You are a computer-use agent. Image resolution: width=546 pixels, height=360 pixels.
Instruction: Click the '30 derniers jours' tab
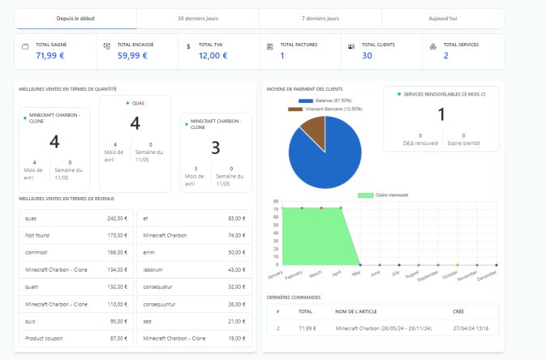click(x=198, y=18)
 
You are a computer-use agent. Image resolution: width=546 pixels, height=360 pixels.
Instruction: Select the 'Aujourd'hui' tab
click(x=442, y=18)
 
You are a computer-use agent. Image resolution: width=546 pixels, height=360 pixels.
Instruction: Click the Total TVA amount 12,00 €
click(x=213, y=55)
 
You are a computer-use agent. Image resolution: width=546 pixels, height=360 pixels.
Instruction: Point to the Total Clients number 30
click(x=367, y=55)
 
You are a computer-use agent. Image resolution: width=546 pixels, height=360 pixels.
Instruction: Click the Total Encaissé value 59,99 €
click(x=132, y=55)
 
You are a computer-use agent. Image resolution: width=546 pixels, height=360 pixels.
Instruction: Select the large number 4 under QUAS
click(x=135, y=123)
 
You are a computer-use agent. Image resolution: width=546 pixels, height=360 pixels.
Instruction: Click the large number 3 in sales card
click(x=215, y=147)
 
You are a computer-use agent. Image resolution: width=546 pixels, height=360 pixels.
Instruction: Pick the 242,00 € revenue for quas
click(x=117, y=218)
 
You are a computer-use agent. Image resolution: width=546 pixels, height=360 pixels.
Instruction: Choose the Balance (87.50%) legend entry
click(x=335, y=101)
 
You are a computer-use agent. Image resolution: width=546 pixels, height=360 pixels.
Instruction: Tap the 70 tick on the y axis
click(x=276, y=208)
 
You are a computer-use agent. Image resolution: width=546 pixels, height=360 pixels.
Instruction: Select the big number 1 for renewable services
click(x=441, y=114)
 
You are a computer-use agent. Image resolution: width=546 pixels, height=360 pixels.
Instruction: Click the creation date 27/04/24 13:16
click(x=471, y=328)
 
